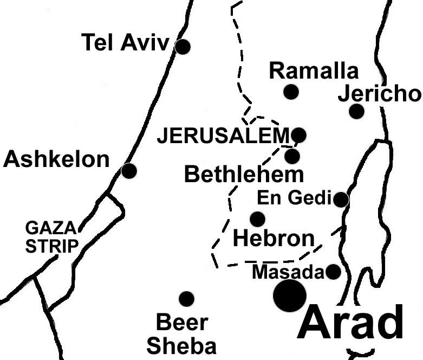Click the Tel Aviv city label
click(125, 42)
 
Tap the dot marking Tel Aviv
click(183, 47)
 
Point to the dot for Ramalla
click(291, 92)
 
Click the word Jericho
click(379, 94)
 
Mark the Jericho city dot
click(356, 111)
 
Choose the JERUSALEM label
click(224, 136)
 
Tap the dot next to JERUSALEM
click(298, 134)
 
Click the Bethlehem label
click(244, 175)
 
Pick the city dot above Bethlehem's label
click(292, 156)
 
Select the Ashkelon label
click(56, 159)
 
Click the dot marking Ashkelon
click(129, 171)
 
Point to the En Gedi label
click(294, 198)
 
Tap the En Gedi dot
click(341, 200)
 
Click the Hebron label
click(274, 238)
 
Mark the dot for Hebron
click(257, 219)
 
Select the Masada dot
click(334, 272)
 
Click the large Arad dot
click(290, 296)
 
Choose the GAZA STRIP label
click(52, 236)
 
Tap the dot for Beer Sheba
click(186, 299)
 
